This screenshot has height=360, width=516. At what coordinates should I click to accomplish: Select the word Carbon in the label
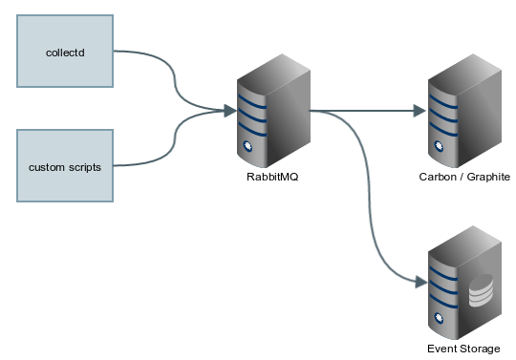(438, 178)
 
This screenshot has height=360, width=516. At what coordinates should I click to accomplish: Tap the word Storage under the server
(480, 349)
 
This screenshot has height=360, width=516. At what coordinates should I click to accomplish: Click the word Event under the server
(442, 349)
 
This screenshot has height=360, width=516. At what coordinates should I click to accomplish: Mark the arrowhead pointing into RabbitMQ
(230, 110)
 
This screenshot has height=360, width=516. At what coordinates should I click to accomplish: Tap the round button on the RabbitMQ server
(247, 146)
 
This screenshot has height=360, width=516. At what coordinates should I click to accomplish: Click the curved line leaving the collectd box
(172, 76)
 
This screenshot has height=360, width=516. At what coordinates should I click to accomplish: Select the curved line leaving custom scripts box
(172, 143)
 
